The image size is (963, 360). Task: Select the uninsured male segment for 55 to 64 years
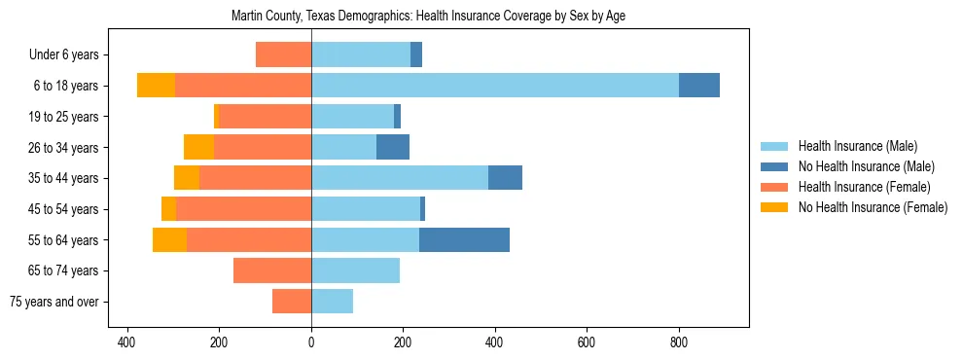coord(464,239)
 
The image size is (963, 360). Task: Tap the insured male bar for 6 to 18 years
coord(495,86)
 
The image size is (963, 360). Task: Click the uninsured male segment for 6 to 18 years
coord(699,86)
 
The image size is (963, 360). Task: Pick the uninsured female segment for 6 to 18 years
coord(156,86)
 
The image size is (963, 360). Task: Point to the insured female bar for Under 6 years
coord(283,54)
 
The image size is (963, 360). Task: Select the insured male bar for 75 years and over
coord(332,302)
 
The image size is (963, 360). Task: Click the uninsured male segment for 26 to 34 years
coord(393,147)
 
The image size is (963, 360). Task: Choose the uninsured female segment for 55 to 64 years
coord(169,239)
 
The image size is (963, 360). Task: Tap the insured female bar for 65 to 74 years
coord(272,270)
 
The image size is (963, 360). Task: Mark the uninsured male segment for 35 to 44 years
coord(505,178)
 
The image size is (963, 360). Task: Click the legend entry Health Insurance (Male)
coord(857,146)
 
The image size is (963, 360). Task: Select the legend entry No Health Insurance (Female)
coord(873,207)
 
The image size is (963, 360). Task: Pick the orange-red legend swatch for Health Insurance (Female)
coord(773,187)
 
